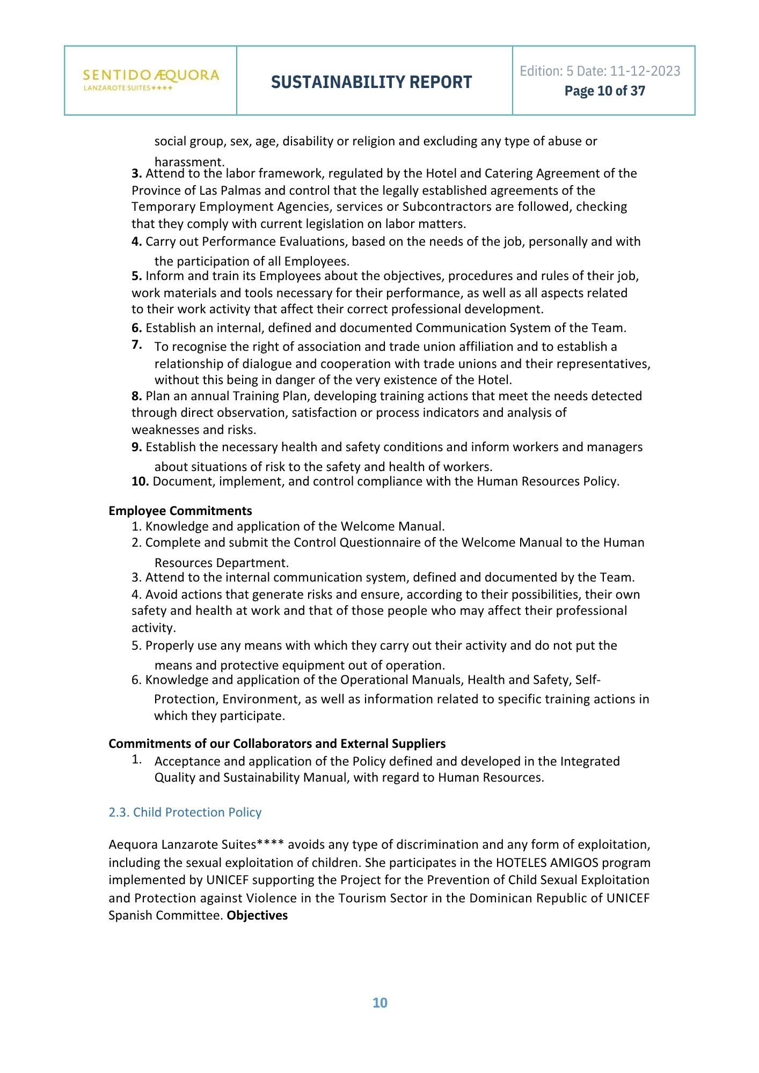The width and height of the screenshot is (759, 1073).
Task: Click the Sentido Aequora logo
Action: pyautogui.click(x=151, y=80)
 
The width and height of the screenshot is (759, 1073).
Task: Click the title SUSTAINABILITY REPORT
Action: pyautogui.click(x=371, y=82)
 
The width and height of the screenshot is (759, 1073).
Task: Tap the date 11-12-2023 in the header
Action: pyautogui.click(x=645, y=71)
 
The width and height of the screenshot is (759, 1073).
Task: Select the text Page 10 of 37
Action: pyautogui.click(x=604, y=91)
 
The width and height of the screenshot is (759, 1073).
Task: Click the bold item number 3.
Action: pyautogui.click(x=136, y=173)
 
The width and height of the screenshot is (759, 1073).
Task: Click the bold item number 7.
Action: pyautogui.click(x=136, y=344)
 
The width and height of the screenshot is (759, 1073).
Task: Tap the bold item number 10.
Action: pyautogui.click(x=140, y=481)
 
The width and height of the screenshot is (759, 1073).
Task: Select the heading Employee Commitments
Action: pyautogui.click(x=180, y=511)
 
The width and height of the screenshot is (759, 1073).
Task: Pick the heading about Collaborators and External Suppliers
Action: pyautogui.click(x=277, y=744)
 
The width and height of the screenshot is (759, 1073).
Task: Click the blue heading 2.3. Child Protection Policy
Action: pyautogui.click(x=185, y=812)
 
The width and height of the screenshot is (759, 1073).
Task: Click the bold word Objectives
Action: pyautogui.click(x=257, y=915)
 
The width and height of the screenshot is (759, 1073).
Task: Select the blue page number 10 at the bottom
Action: pyautogui.click(x=380, y=1003)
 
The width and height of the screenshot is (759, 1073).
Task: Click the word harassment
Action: pyautogui.click(x=188, y=162)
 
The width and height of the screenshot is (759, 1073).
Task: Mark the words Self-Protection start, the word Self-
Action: pyautogui.click(x=588, y=680)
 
